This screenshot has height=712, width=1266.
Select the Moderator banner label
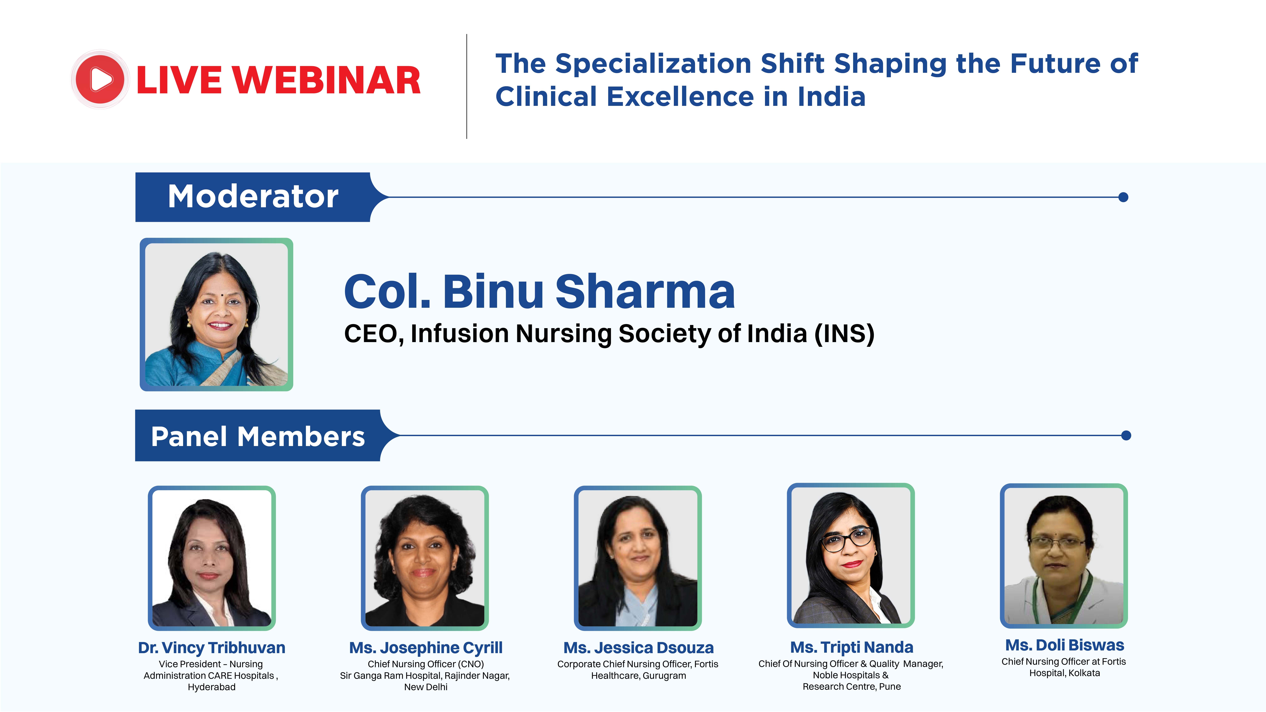253,197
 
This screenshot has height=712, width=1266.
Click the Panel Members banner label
258,436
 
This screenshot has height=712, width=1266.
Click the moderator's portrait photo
216,315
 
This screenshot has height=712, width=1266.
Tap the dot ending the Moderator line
1123,197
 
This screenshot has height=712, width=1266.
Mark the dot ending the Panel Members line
1126,435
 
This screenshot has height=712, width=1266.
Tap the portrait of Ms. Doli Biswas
1064,556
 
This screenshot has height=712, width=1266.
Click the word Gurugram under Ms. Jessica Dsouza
664,676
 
